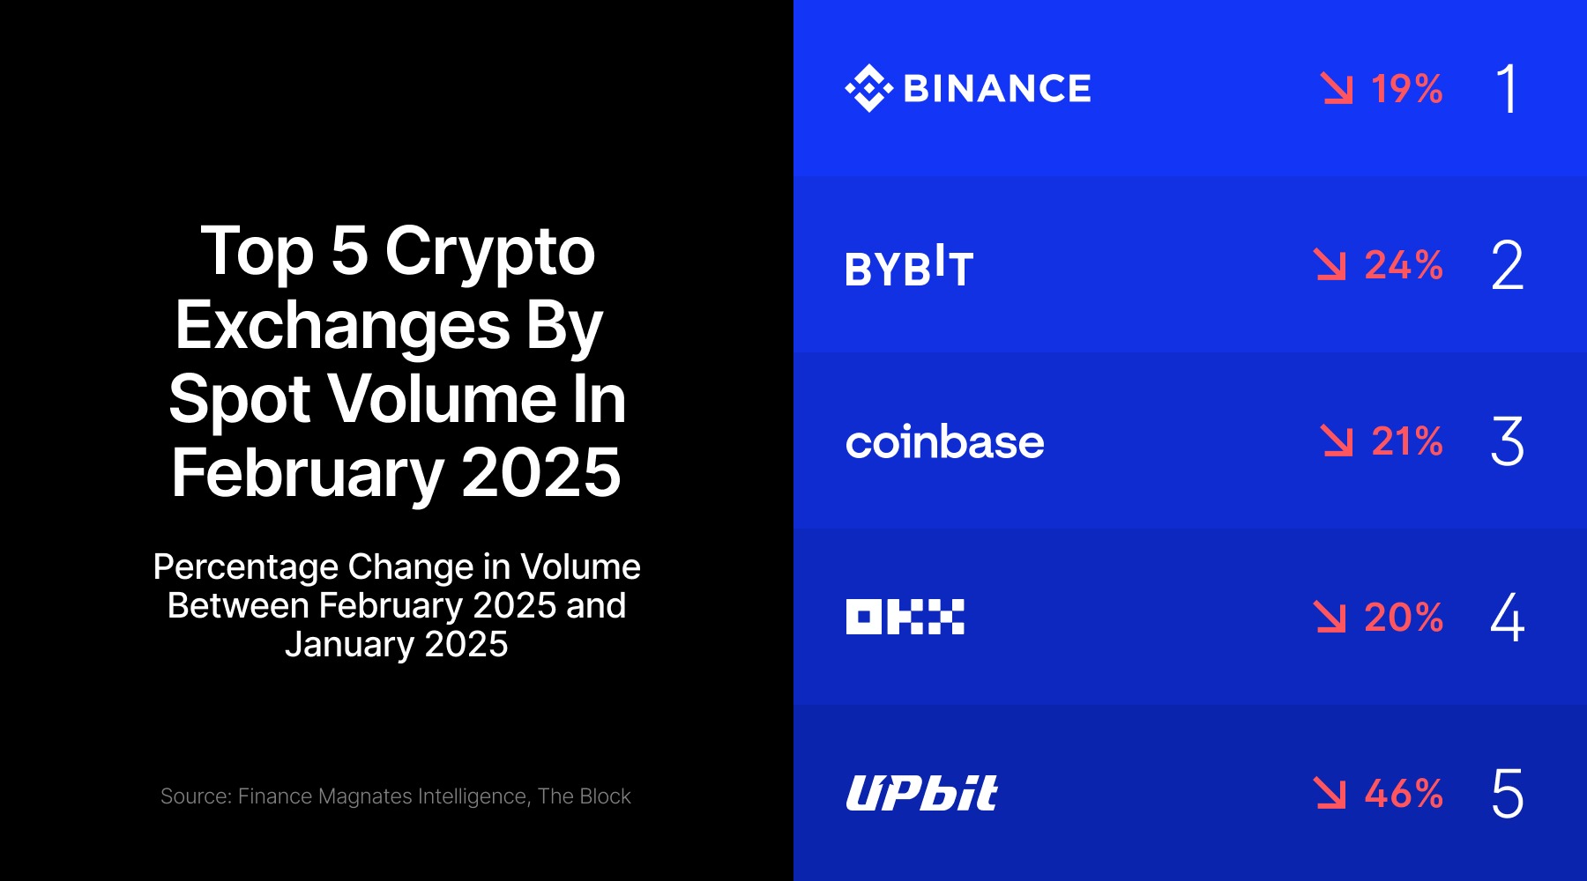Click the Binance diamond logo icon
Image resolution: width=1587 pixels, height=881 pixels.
tap(869, 88)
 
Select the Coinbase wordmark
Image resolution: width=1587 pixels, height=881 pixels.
tap(944, 441)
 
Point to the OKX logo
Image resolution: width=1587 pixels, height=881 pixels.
tap(905, 617)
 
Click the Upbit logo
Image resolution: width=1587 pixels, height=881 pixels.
tap(921, 793)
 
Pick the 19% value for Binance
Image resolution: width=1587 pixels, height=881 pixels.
tap(1407, 89)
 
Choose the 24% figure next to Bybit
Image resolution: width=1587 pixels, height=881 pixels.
tap(1404, 265)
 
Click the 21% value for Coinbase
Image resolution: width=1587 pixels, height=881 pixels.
tap(1407, 441)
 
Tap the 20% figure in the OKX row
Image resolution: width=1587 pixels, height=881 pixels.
tap(1404, 618)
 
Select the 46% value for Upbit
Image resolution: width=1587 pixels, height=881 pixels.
tap(1404, 794)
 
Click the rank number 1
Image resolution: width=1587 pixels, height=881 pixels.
tap(1508, 89)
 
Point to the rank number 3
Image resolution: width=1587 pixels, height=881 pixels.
tap(1508, 441)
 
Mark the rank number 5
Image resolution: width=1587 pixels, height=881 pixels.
tap(1508, 794)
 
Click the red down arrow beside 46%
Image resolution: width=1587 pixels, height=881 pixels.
tap(1330, 793)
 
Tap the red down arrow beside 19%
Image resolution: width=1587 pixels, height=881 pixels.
tap(1337, 88)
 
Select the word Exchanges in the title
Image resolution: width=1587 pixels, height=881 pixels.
tap(342, 326)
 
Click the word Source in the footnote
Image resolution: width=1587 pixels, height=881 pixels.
tap(194, 796)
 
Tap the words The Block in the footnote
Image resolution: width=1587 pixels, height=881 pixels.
tap(585, 796)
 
